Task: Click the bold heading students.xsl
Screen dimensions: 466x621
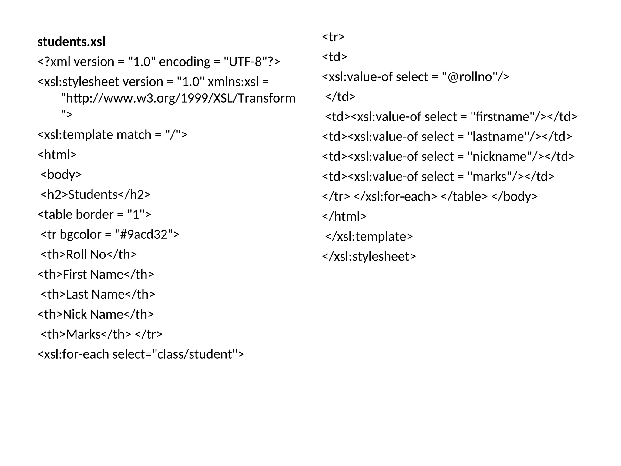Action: click(x=71, y=42)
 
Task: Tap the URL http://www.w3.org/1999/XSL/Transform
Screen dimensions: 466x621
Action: click(x=178, y=98)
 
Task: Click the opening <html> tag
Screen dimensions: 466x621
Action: click(x=57, y=154)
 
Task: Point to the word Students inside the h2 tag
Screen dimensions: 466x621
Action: click(x=93, y=194)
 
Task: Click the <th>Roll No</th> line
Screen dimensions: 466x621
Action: click(x=89, y=255)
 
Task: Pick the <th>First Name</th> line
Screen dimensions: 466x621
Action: click(x=96, y=275)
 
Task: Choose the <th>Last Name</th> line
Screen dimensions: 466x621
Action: click(x=98, y=294)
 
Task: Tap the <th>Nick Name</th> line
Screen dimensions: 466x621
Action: click(x=96, y=314)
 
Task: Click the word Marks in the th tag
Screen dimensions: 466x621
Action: click(x=83, y=334)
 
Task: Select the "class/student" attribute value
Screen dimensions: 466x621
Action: click(x=194, y=354)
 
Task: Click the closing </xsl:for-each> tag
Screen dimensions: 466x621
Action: click(x=395, y=197)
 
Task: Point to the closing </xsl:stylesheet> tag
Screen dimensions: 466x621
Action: click(x=369, y=257)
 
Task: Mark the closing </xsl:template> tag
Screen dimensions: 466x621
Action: click(x=369, y=237)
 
